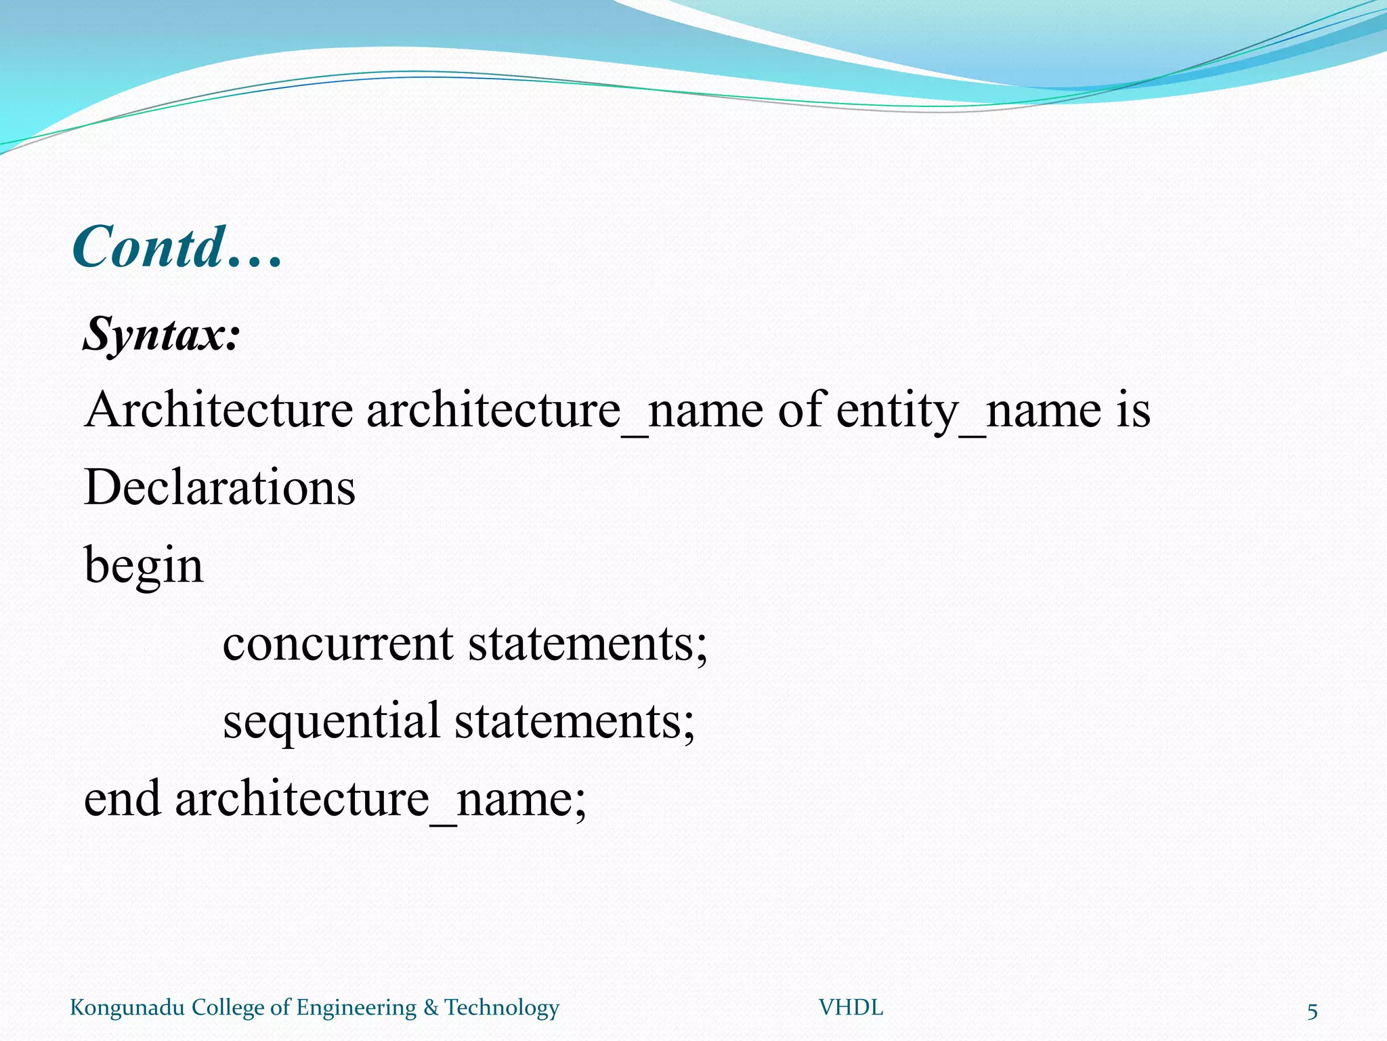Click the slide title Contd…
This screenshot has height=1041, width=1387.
(x=177, y=247)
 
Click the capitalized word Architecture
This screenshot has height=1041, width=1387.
(x=218, y=410)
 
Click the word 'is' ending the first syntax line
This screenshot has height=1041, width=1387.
(x=1133, y=410)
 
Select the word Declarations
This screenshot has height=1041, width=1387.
(x=219, y=487)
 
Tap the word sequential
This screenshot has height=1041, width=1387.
(x=331, y=720)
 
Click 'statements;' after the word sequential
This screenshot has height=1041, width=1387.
(x=574, y=720)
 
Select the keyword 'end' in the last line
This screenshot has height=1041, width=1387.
(x=122, y=798)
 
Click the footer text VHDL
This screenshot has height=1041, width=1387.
(x=851, y=1008)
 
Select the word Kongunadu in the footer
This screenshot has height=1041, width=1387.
(x=127, y=1008)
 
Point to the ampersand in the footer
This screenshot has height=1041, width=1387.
(x=431, y=1008)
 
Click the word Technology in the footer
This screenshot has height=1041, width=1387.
(x=502, y=1008)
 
